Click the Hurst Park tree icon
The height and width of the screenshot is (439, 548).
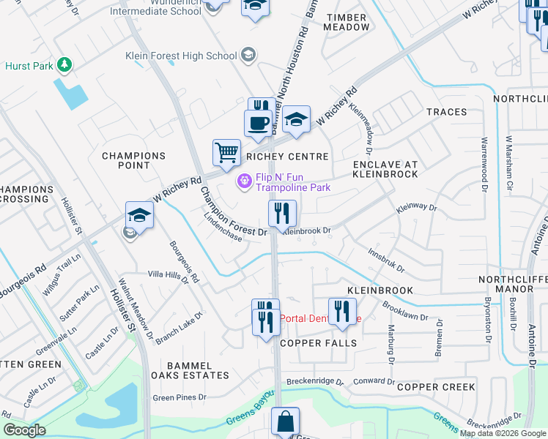click(x=64, y=66)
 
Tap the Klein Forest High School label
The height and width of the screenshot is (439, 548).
click(x=181, y=56)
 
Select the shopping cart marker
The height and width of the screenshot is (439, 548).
click(x=226, y=153)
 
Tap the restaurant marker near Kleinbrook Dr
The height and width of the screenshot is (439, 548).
click(x=282, y=214)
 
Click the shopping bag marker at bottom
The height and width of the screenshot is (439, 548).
click(x=284, y=422)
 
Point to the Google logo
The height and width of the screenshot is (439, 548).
click(x=23, y=430)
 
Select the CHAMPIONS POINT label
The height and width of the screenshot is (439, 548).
click(x=134, y=160)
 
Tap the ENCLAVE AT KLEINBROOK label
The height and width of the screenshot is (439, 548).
click(x=385, y=169)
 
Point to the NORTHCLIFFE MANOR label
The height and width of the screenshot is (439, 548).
click(x=512, y=285)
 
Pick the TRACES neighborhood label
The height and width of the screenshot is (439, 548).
click(x=446, y=112)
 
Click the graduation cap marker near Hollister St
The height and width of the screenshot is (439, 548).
click(x=138, y=215)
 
